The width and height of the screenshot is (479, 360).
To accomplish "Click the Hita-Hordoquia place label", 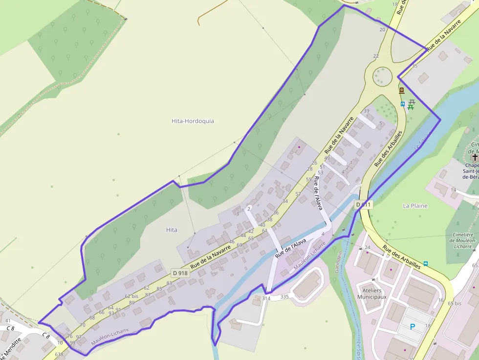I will pyautogui.click(x=193, y=121).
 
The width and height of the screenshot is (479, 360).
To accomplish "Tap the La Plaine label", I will pyautogui.click(x=415, y=206).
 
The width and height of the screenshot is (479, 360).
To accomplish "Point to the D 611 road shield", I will pyautogui.click(x=364, y=204).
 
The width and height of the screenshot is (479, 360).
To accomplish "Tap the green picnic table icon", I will pyautogui.click(x=411, y=104).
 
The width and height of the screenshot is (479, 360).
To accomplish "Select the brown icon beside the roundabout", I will pyautogui.click(x=401, y=90).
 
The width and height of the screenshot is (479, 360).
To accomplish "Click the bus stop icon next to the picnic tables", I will pyautogui.click(x=403, y=104).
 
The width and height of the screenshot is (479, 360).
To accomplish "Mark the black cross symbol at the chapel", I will pyautogui.click(x=474, y=157).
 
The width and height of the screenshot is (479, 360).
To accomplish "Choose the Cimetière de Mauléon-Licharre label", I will pyautogui.click(x=462, y=241).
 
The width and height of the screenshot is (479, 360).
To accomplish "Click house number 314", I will pyautogui.click(x=266, y=298).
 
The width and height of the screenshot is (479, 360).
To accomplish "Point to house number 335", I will pyautogui.click(x=284, y=296).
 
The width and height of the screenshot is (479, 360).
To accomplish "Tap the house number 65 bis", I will pyautogui.click(x=455, y=303).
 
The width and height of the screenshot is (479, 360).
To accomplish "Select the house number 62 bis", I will pyautogui.click(x=131, y=296).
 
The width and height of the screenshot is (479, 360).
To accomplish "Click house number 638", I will pyautogui.click(x=59, y=354).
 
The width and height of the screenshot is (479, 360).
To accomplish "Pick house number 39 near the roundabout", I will pyautogui.click(x=367, y=111).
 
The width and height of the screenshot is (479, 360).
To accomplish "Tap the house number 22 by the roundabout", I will pyautogui.click(x=376, y=56).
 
